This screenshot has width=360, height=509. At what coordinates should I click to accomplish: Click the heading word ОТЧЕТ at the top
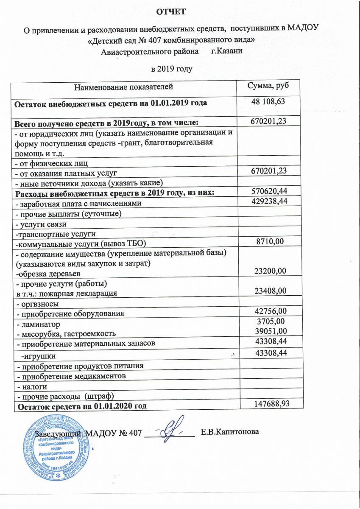(171, 12)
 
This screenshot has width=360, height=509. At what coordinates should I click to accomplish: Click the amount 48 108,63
(268, 102)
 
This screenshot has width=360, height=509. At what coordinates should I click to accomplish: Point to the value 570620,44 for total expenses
(268, 193)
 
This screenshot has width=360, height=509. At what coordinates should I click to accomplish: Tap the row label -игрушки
(38, 355)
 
